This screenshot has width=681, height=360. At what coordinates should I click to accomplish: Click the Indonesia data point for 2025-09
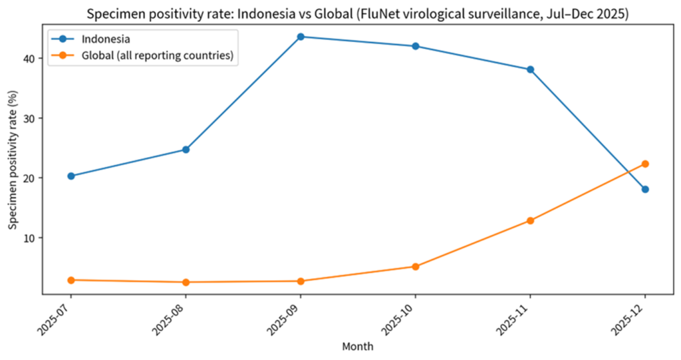[301, 37]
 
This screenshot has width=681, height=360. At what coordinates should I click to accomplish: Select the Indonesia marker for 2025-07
[70, 176]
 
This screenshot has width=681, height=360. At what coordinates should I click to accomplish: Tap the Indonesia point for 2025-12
[645, 190]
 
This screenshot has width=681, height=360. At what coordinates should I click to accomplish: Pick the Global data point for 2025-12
[645, 164]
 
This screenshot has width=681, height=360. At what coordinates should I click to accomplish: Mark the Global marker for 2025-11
[530, 220]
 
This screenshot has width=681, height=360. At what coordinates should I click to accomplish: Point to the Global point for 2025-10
[416, 266]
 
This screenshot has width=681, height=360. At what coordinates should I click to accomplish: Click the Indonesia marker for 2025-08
[186, 150]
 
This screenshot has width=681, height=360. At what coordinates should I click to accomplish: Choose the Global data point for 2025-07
[70, 280]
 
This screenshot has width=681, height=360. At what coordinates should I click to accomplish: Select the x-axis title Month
[357, 347]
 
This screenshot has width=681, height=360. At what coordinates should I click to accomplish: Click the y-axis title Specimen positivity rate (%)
[14, 161]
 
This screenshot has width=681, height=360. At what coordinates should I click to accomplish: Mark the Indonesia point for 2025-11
[530, 69]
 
